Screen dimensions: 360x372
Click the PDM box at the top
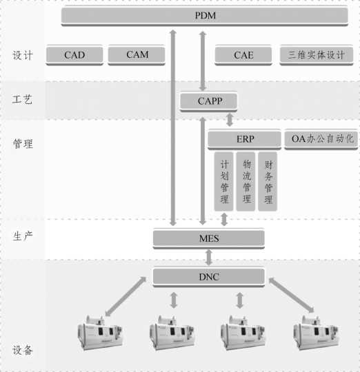coord(205,16)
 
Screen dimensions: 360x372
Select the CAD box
coord(74,55)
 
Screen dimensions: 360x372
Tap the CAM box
coord(137,55)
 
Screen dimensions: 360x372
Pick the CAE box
coord(243,55)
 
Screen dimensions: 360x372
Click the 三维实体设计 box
coord(317,55)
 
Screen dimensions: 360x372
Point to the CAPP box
coord(208,101)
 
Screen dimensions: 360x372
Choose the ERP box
coord(245,139)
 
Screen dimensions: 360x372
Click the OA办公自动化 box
coord(321,139)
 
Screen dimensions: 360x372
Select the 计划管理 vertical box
coord(223,181)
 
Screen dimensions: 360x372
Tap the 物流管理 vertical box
coord(246,181)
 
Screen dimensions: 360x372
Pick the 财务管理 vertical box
coord(268,181)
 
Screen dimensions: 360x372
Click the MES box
coord(209,238)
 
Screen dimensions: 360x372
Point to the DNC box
coord(209,277)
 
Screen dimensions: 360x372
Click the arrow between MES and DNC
coord(209,258)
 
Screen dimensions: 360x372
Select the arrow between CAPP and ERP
coord(230,120)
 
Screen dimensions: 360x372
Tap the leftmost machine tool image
coord(100,333)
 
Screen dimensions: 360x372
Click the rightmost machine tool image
coord(316,333)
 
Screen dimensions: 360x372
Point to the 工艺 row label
coord(22,99)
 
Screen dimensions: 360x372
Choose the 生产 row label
coord(23,236)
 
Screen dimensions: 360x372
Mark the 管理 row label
coord(23,144)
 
